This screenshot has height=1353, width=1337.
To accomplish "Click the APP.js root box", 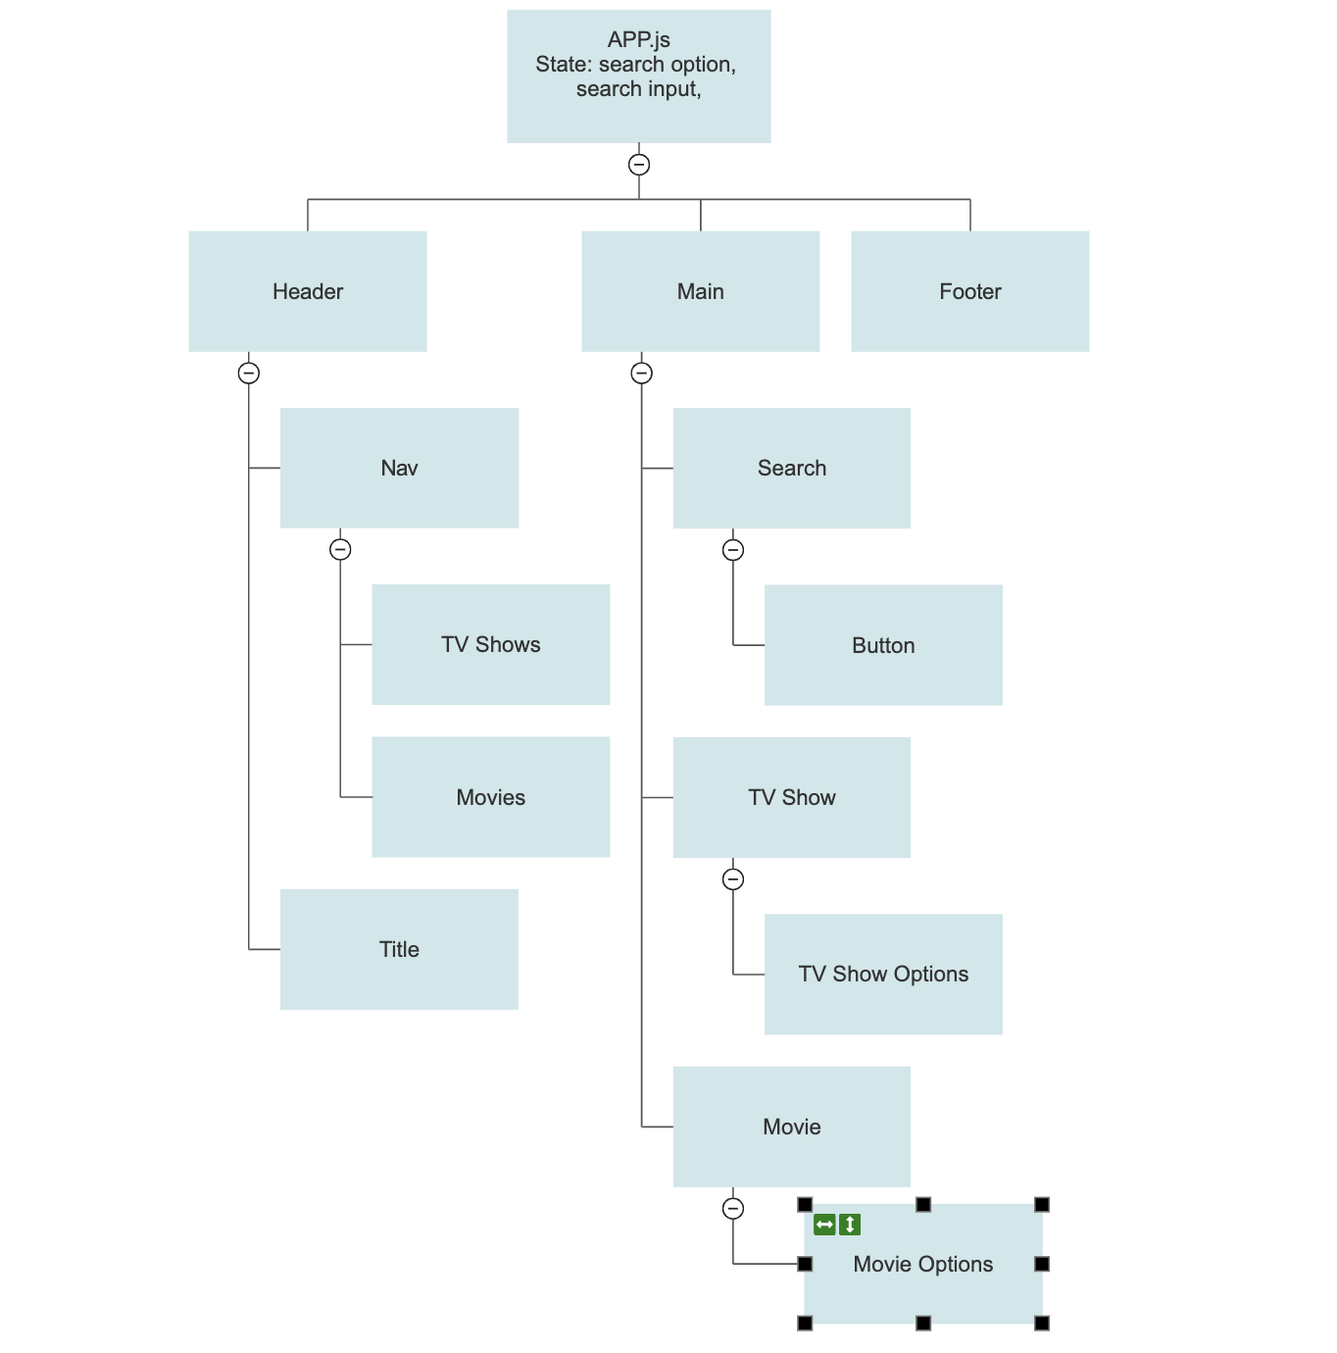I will pyautogui.click(x=638, y=76).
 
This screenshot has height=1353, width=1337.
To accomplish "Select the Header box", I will pyautogui.click(x=307, y=291).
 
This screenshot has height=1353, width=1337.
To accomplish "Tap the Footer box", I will pyautogui.click(x=969, y=291).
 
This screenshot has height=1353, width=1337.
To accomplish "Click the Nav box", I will pyautogui.click(x=399, y=468).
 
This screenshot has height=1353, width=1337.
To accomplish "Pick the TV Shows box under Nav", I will pyautogui.click(x=490, y=644).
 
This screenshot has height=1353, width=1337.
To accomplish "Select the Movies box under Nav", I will pyautogui.click(x=490, y=797).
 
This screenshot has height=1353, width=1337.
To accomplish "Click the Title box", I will pyautogui.click(x=399, y=949).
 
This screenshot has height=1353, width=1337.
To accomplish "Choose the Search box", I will pyautogui.click(x=791, y=468).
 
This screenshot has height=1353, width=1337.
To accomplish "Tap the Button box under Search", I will pyautogui.click(x=883, y=645).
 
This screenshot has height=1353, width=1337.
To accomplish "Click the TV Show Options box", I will pyautogui.click(x=883, y=974).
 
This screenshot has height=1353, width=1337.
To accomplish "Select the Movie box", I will pyautogui.click(x=791, y=1127).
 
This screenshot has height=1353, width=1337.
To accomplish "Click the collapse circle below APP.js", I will pyautogui.click(x=639, y=165).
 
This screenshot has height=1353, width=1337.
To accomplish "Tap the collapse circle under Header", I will pyautogui.click(x=249, y=373).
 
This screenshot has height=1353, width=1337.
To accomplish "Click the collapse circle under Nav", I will pyautogui.click(x=340, y=549).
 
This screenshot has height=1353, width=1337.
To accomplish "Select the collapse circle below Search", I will pyautogui.click(x=733, y=550).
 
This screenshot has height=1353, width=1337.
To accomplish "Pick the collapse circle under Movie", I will pyautogui.click(x=733, y=1209).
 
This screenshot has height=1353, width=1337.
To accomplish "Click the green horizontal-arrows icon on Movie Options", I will pyautogui.click(x=824, y=1225).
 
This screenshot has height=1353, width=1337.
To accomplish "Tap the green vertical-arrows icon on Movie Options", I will pyautogui.click(x=850, y=1225).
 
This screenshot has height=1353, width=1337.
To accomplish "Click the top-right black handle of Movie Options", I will pyautogui.click(x=1042, y=1204).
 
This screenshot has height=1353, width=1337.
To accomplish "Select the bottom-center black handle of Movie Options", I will pyautogui.click(x=923, y=1324).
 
